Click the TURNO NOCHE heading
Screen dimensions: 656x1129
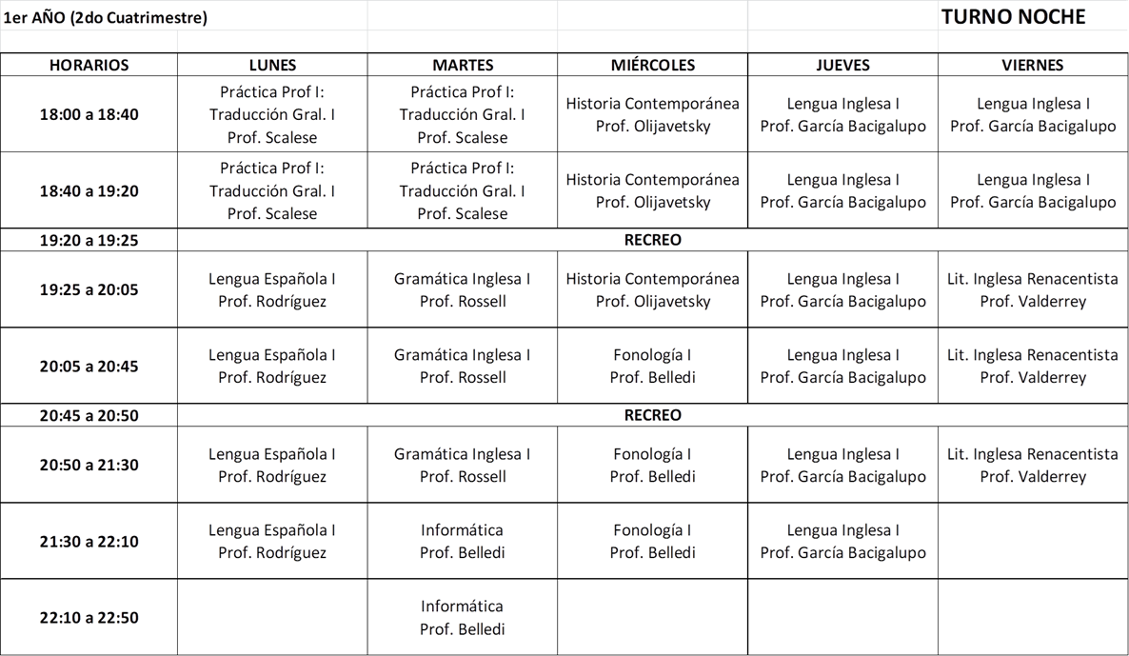(x=1013, y=17)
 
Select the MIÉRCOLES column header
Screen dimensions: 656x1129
(x=653, y=65)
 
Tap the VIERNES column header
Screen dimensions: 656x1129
(x=1033, y=65)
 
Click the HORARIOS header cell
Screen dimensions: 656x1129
(x=89, y=65)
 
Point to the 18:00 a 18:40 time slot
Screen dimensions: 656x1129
(x=89, y=114)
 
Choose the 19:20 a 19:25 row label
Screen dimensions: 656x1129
(x=89, y=240)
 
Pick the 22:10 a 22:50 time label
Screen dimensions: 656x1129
(x=89, y=617)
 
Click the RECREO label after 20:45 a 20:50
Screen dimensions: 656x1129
(x=653, y=415)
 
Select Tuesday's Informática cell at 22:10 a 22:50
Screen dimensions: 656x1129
(x=463, y=617)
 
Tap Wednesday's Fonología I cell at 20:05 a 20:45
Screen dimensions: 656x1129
(x=653, y=366)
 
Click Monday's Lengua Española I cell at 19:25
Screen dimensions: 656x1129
(x=272, y=289)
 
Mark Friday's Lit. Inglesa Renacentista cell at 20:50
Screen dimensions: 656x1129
(x=1033, y=465)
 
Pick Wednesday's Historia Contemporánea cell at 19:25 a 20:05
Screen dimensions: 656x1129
(x=653, y=289)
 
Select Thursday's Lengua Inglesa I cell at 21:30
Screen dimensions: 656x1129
(x=843, y=541)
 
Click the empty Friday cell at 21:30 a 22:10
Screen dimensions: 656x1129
(x=1033, y=541)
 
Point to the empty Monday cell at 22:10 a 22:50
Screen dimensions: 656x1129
(x=272, y=617)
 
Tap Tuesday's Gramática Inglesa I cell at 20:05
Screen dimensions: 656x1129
(x=463, y=366)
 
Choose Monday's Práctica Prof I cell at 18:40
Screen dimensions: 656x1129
(x=272, y=190)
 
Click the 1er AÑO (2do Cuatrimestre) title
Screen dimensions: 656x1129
(x=106, y=17)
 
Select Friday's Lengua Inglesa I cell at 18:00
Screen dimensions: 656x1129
(x=1033, y=114)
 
